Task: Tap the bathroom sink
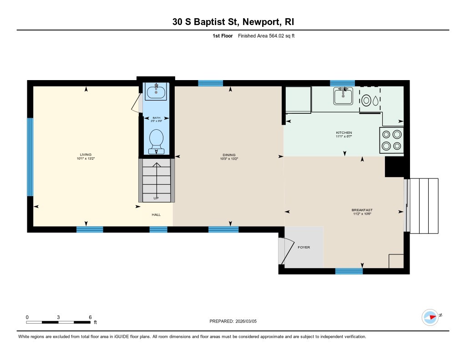[x=157, y=92]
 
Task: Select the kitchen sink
[x=343, y=96]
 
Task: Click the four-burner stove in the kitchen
[x=392, y=140]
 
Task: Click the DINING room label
[x=229, y=155]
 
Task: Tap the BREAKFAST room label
[x=362, y=210]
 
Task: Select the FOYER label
[x=304, y=247]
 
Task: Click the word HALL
[x=156, y=215]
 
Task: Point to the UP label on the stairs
[x=156, y=198]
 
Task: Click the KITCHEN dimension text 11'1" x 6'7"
[x=344, y=137]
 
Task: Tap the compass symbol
[x=430, y=317]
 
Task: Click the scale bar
[x=58, y=322]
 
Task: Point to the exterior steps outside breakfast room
[x=424, y=206]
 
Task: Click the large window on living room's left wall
[x=30, y=157]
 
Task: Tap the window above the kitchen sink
[x=342, y=83]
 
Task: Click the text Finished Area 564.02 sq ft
[x=266, y=36]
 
